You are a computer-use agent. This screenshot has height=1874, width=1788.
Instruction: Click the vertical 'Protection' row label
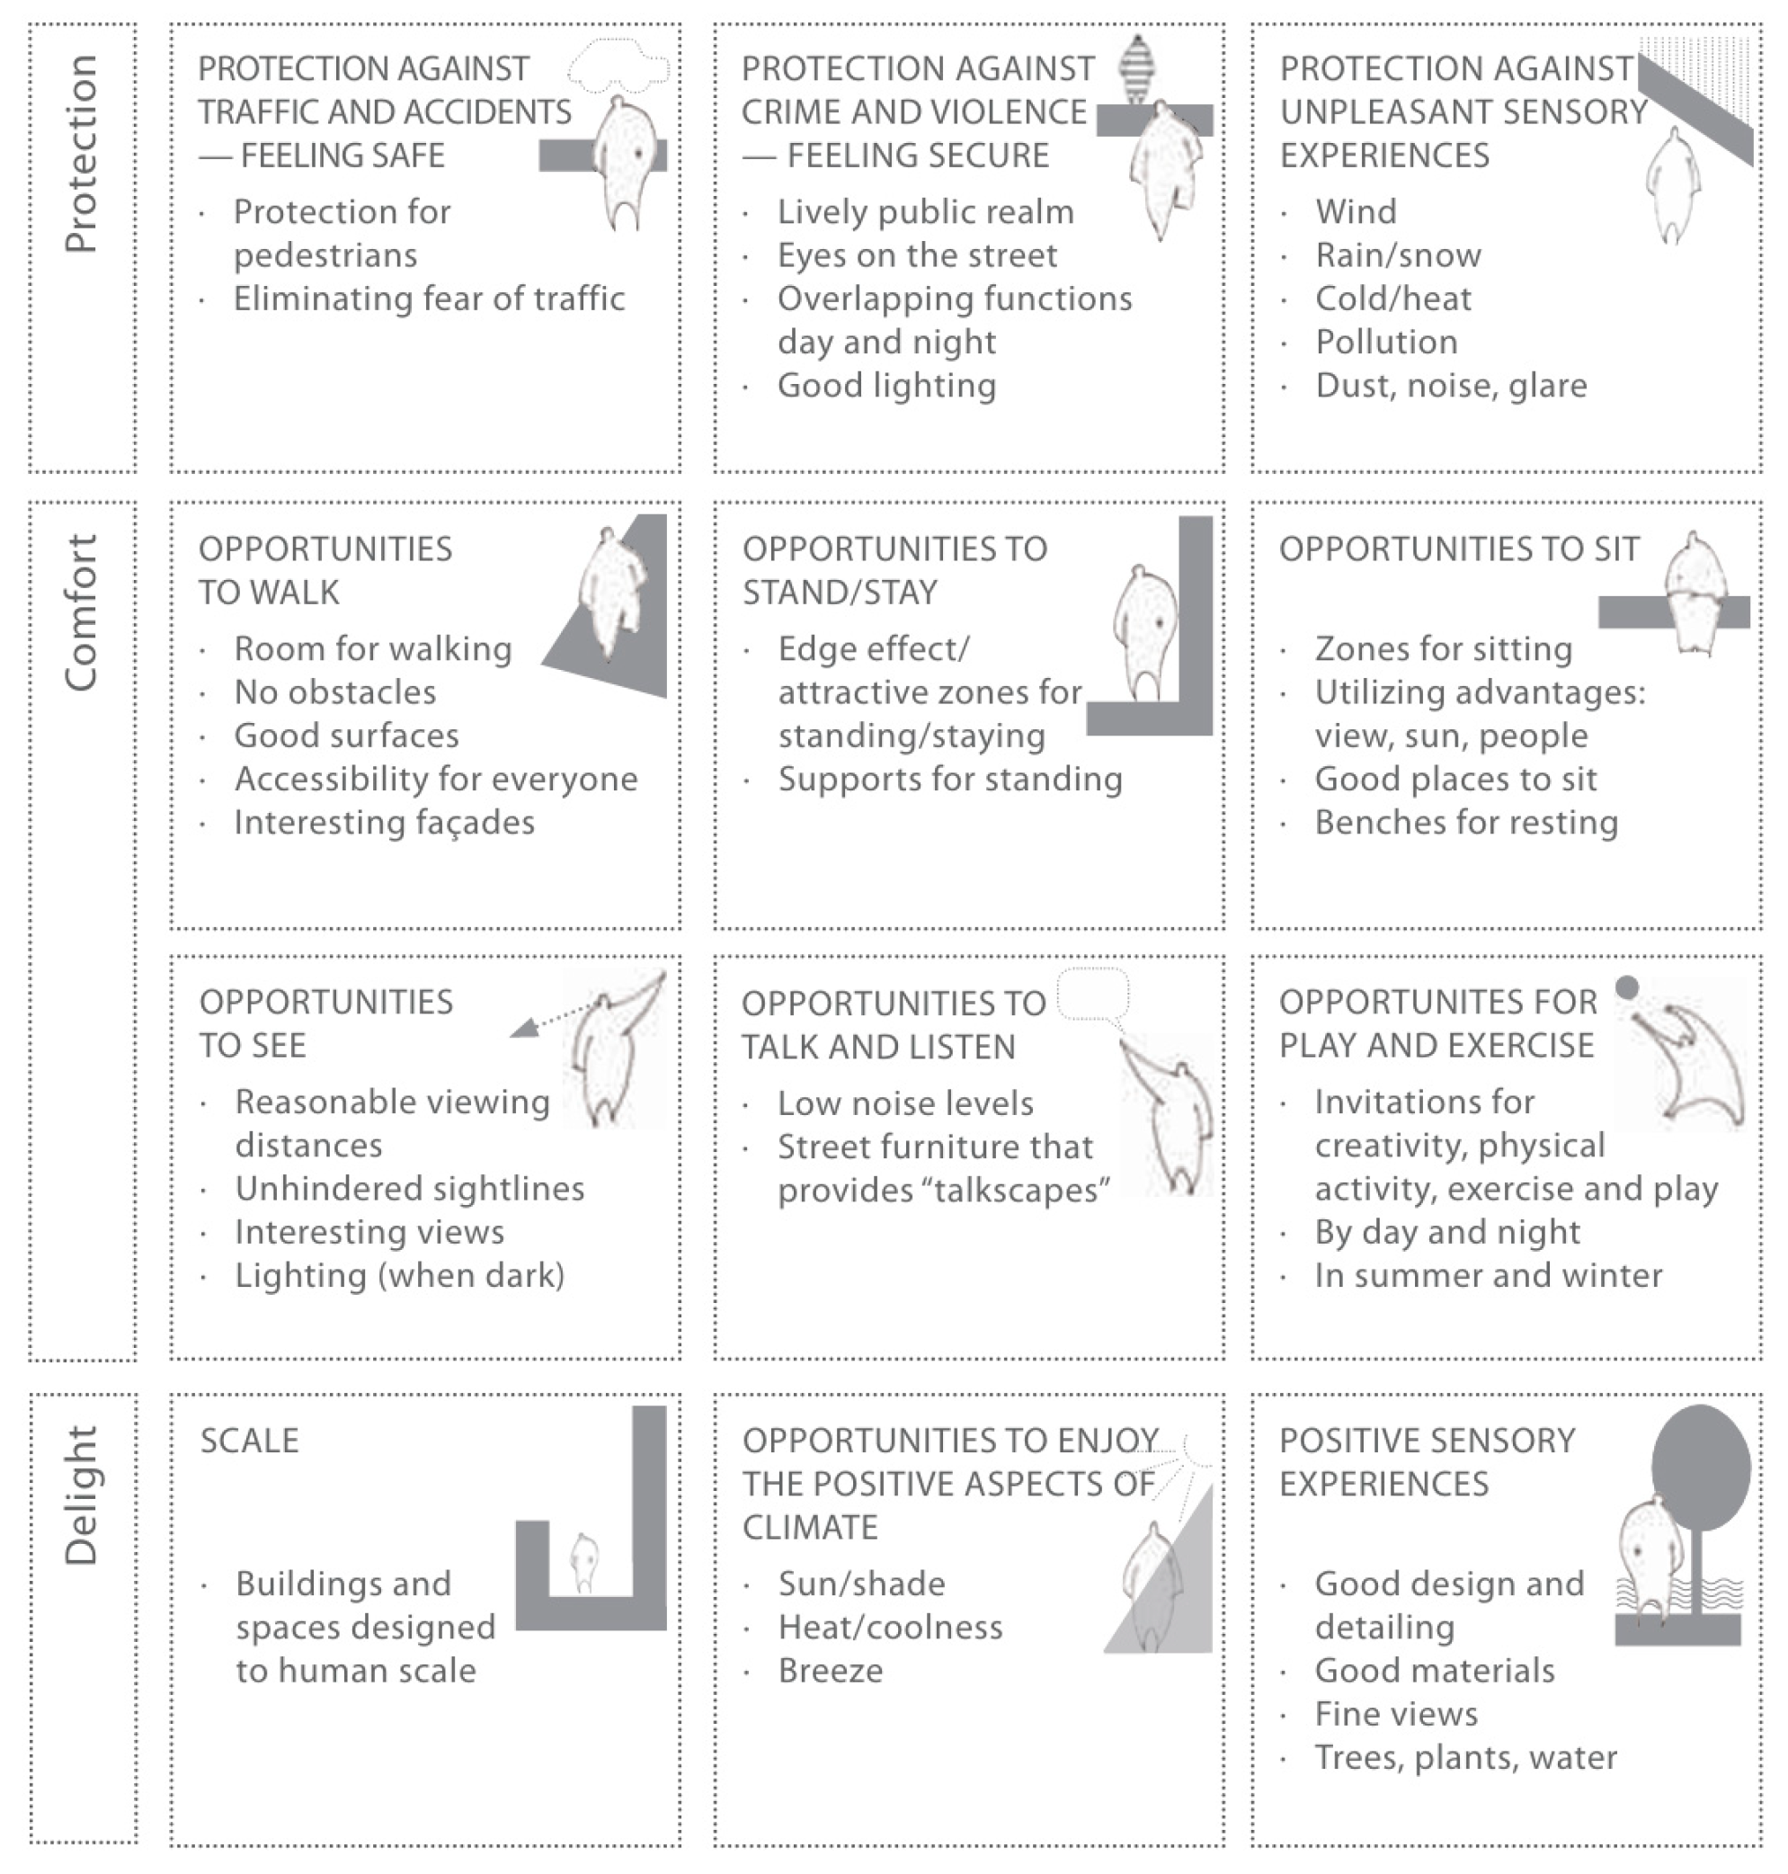coord(82,154)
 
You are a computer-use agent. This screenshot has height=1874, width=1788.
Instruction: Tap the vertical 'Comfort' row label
coord(82,613)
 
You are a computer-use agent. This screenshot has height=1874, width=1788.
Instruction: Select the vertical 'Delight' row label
coord(82,1495)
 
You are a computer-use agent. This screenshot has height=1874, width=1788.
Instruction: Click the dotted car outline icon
coord(618,67)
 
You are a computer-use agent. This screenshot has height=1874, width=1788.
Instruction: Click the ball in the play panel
coord(1627,986)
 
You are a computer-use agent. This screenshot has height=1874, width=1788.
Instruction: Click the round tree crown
coord(1700,1467)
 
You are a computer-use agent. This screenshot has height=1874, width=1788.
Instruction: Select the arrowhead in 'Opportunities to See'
coord(523,1028)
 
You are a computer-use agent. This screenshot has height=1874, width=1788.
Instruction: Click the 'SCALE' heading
coord(249,1441)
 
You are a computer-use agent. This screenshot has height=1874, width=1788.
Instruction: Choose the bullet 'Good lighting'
coord(886,386)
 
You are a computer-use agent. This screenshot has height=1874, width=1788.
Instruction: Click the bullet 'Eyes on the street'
coord(917,255)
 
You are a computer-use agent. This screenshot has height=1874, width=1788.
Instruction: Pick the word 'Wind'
coord(1356,211)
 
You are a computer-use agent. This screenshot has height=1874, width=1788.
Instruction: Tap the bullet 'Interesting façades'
coord(384,823)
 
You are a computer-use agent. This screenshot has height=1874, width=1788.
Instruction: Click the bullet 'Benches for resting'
coord(1466,823)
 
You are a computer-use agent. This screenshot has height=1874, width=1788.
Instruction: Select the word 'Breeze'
coord(830,1671)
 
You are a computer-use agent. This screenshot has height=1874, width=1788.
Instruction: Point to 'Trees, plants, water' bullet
coord(1465,1758)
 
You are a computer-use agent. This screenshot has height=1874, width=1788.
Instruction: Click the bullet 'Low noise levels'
coord(905,1104)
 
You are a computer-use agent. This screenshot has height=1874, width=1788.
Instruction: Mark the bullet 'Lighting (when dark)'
coord(399,1275)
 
